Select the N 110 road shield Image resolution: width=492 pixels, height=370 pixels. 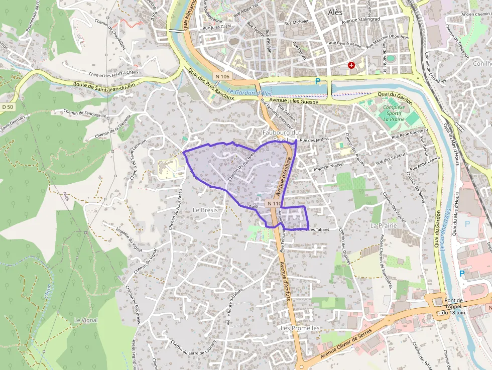pos(274,203)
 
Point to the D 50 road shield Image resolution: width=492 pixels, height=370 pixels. pos(7,107)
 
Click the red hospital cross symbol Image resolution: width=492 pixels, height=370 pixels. pos(351,65)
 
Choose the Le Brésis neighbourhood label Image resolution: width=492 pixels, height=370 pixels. pos(205,210)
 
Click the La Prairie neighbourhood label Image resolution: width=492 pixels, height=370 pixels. pos(384,226)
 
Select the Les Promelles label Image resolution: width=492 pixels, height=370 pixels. pos(300,328)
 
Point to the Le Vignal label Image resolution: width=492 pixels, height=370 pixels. pos(86,320)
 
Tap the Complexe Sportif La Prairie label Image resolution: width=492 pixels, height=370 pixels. pos(394,113)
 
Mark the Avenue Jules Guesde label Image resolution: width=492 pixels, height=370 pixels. pos(295,102)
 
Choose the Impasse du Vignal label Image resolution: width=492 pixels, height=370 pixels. pos(129,239)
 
